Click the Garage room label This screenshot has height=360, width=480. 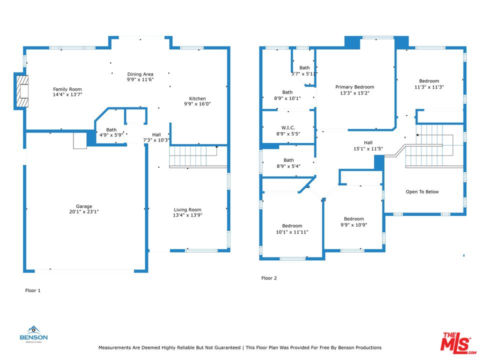(x=84, y=206)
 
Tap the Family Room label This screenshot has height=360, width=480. (x=67, y=89)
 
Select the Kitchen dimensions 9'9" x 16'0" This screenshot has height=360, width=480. (x=197, y=104)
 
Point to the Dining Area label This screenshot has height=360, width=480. (x=140, y=74)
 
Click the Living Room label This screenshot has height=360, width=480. (x=187, y=209)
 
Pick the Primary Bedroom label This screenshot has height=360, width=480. (x=355, y=87)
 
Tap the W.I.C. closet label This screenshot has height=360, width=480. (x=288, y=127)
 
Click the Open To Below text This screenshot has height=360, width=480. (x=422, y=191)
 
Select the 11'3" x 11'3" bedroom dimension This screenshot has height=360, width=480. (x=429, y=87)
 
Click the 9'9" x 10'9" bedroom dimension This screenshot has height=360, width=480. (x=354, y=224)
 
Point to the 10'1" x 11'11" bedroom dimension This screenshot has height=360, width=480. (x=292, y=232)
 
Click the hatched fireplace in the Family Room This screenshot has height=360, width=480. (x=22, y=91)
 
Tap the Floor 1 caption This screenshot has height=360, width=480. (x=33, y=290)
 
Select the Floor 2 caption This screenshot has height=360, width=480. (x=269, y=278)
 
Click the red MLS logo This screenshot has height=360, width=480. (x=458, y=343)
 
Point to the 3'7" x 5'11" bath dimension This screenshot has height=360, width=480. (x=304, y=74)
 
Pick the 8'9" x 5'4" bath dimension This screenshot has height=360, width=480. (x=288, y=166)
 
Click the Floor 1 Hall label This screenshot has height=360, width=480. (x=156, y=134)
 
